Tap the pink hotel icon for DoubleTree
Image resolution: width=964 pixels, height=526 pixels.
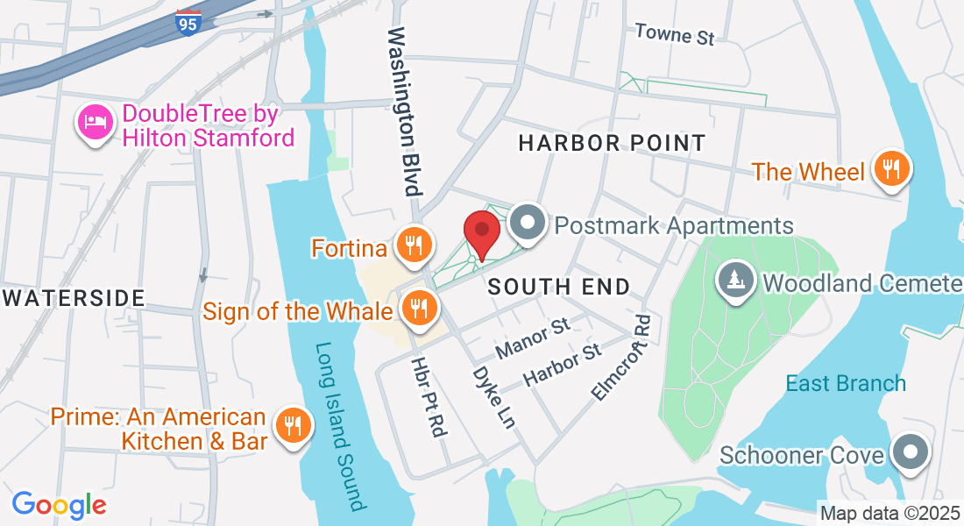96,124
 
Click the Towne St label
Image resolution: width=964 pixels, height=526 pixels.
675,34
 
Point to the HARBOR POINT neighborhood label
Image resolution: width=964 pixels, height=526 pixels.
612,143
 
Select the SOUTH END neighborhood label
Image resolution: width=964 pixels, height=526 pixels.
559,287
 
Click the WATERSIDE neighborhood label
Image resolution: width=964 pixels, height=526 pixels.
74,298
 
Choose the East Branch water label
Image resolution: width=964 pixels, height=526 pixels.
846,384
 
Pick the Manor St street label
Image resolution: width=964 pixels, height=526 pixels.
533,339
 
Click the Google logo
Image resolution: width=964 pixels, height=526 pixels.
59,505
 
